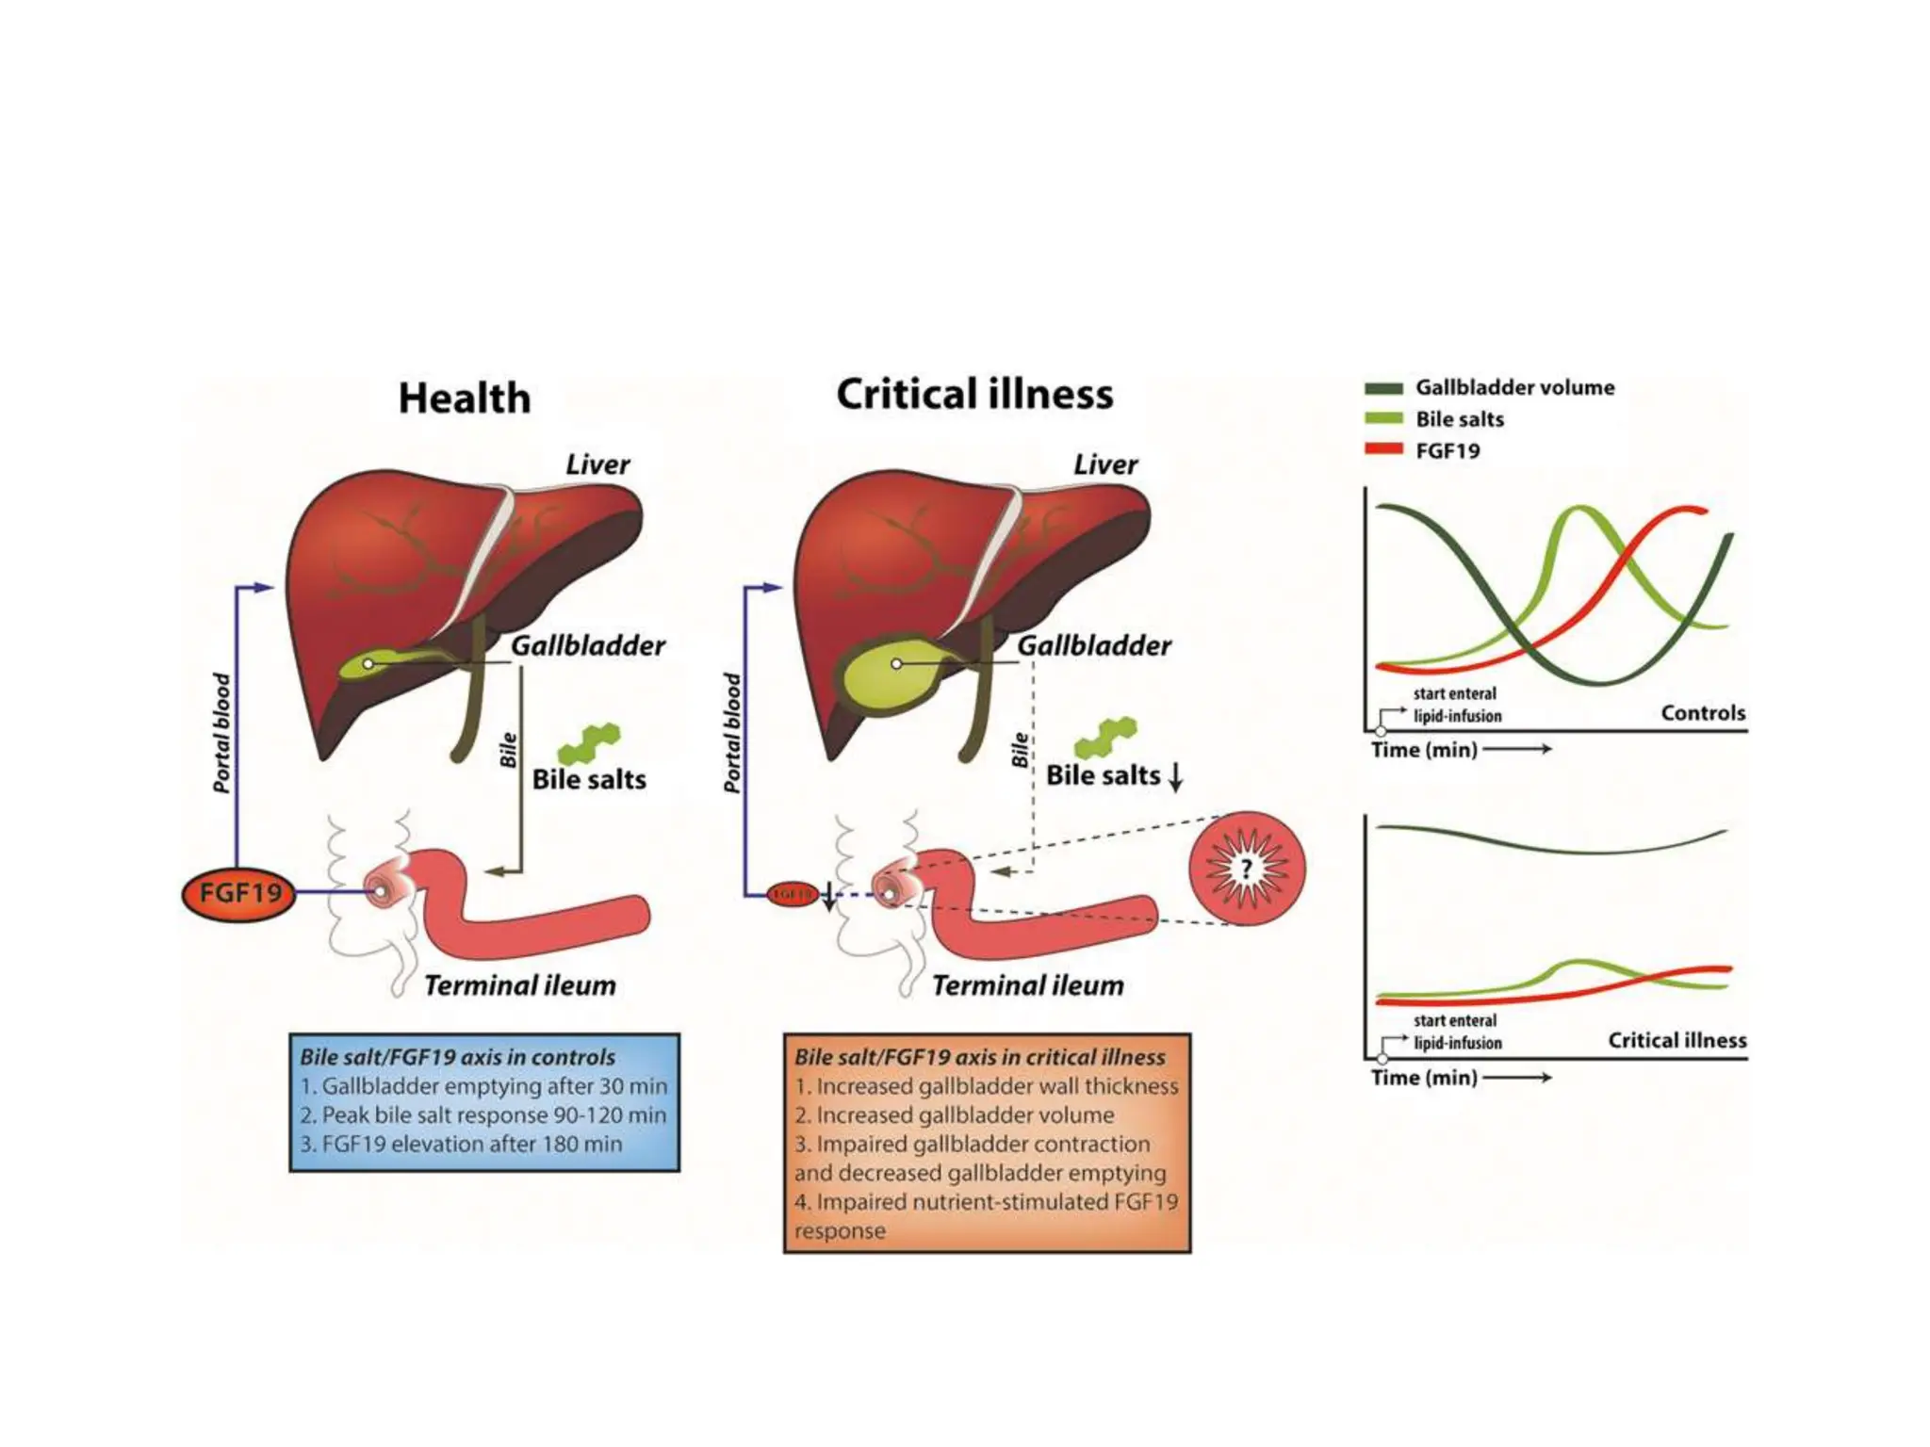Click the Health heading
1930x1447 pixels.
tap(465, 398)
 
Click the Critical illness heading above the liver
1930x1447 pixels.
tap(974, 395)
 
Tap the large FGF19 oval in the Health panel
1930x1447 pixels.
tap(239, 892)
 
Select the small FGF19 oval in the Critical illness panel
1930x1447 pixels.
tap(792, 893)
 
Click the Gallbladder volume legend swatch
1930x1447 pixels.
tap(1383, 388)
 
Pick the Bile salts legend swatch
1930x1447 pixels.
tap(1383, 419)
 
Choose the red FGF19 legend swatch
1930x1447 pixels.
tap(1383, 450)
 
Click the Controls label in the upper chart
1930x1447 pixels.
tap(1703, 713)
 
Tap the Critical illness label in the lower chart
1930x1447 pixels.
tap(1676, 1040)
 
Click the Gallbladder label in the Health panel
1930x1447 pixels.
tap(588, 645)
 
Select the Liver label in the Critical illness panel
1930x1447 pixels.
tap(1105, 464)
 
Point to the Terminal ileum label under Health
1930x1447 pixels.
tap(520, 985)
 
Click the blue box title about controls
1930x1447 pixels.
tap(457, 1057)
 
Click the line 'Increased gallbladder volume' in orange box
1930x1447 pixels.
tap(955, 1115)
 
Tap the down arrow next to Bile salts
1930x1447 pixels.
tap(1175, 777)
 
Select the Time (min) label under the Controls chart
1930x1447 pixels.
tap(1424, 750)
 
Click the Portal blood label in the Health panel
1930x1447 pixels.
tap(221, 733)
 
